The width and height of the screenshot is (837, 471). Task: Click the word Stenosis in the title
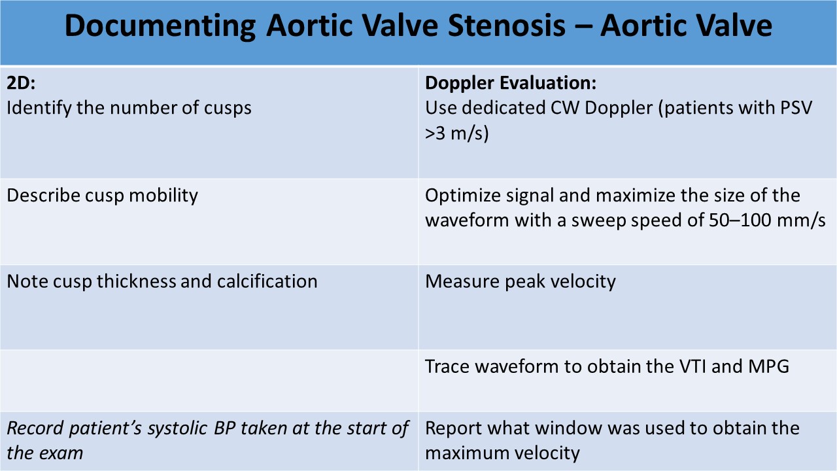click(507, 26)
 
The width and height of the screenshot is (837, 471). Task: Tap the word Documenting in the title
click(160, 26)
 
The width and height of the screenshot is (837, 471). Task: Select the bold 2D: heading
click(21, 83)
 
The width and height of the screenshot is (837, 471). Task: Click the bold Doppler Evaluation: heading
click(511, 83)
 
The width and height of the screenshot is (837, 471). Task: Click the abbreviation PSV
click(796, 108)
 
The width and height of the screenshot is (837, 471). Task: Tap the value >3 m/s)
click(457, 133)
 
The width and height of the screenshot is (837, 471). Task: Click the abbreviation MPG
click(768, 367)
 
